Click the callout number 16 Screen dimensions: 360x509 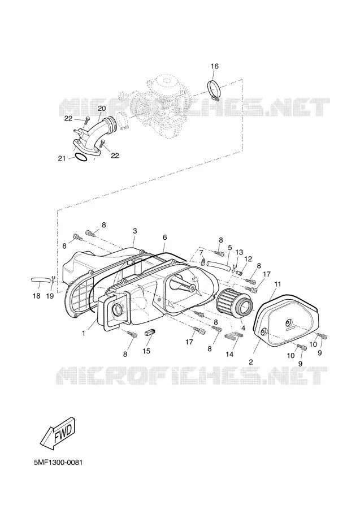(x=215, y=66)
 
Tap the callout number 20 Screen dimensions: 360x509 (x=102, y=109)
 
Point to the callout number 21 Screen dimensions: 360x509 (x=62, y=158)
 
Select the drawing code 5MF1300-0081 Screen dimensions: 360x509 (x=58, y=462)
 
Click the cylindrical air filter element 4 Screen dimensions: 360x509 (x=235, y=301)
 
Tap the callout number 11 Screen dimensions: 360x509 (x=277, y=284)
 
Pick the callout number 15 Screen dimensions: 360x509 (x=146, y=351)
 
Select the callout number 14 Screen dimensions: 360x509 (x=229, y=354)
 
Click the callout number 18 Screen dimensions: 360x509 (x=36, y=296)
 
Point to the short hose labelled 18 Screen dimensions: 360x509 (x=40, y=279)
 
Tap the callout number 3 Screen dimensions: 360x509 (x=135, y=231)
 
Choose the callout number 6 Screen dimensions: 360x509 (x=165, y=238)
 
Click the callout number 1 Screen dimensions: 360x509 (x=84, y=333)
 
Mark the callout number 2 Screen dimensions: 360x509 (x=251, y=361)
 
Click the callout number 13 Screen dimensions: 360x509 (x=239, y=252)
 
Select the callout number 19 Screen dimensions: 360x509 (x=50, y=296)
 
